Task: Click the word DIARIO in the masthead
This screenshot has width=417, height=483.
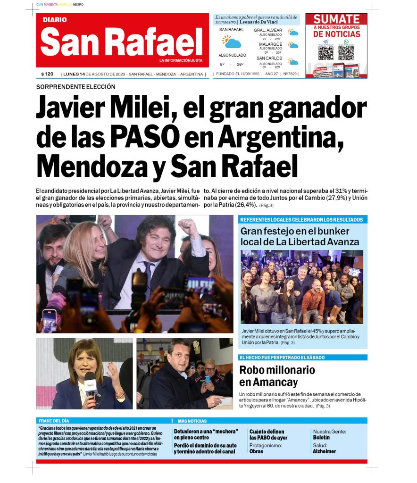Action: [55, 20]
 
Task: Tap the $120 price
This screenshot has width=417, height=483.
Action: [47, 74]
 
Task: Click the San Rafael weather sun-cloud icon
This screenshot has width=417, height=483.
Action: [232, 42]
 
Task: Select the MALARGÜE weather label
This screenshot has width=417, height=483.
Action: [270, 44]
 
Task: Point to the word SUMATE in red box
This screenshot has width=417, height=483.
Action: [336, 19]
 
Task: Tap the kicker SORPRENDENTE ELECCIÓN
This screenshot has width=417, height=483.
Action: [75, 87]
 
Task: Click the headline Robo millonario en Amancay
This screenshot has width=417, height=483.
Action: [276, 376]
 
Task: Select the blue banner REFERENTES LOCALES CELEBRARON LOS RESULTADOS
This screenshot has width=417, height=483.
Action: [301, 220]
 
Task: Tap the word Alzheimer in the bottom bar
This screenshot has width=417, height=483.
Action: [324, 451]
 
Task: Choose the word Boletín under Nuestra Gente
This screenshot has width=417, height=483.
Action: [321, 437]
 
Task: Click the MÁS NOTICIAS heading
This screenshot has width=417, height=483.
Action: [192, 421]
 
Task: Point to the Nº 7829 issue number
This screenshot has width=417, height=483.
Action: [290, 74]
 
